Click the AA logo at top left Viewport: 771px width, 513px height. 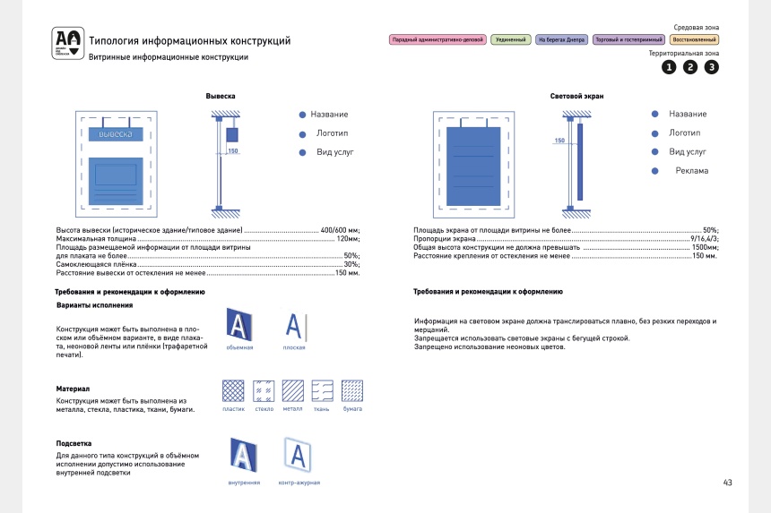(x=66, y=42)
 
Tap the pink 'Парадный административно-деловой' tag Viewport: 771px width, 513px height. (x=437, y=40)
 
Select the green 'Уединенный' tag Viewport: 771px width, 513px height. (x=510, y=40)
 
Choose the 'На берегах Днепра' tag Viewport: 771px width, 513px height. (x=561, y=40)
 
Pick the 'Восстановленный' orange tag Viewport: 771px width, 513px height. (x=695, y=40)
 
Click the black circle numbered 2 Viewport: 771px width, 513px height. (x=689, y=67)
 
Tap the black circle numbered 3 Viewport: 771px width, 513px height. (x=711, y=67)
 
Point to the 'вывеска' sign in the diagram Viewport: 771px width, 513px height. (x=115, y=133)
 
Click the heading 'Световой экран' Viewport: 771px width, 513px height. (x=576, y=96)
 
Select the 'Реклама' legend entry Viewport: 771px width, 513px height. (x=691, y=171)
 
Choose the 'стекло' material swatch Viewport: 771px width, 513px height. (x=264, y=390)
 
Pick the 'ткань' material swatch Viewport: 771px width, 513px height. (x=322, y=390)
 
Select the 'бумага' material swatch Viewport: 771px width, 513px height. (x=352, y=390)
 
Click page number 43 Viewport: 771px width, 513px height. (x=727, y=483)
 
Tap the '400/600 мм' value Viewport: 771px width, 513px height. (x=340, y=231)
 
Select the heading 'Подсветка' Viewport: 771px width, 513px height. (x=74, y=443)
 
